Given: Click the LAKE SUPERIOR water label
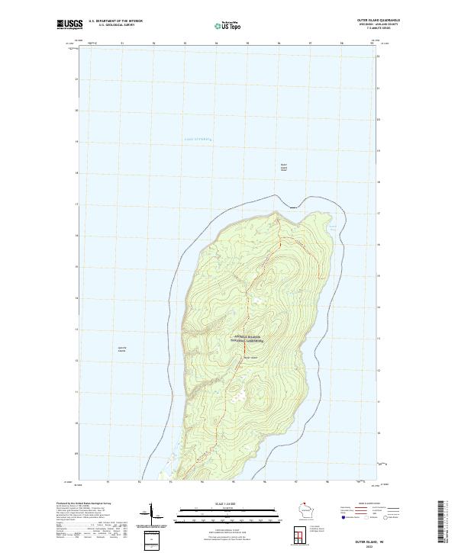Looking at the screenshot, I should click(196, 139).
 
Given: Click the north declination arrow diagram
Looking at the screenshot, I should click(149, 516).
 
